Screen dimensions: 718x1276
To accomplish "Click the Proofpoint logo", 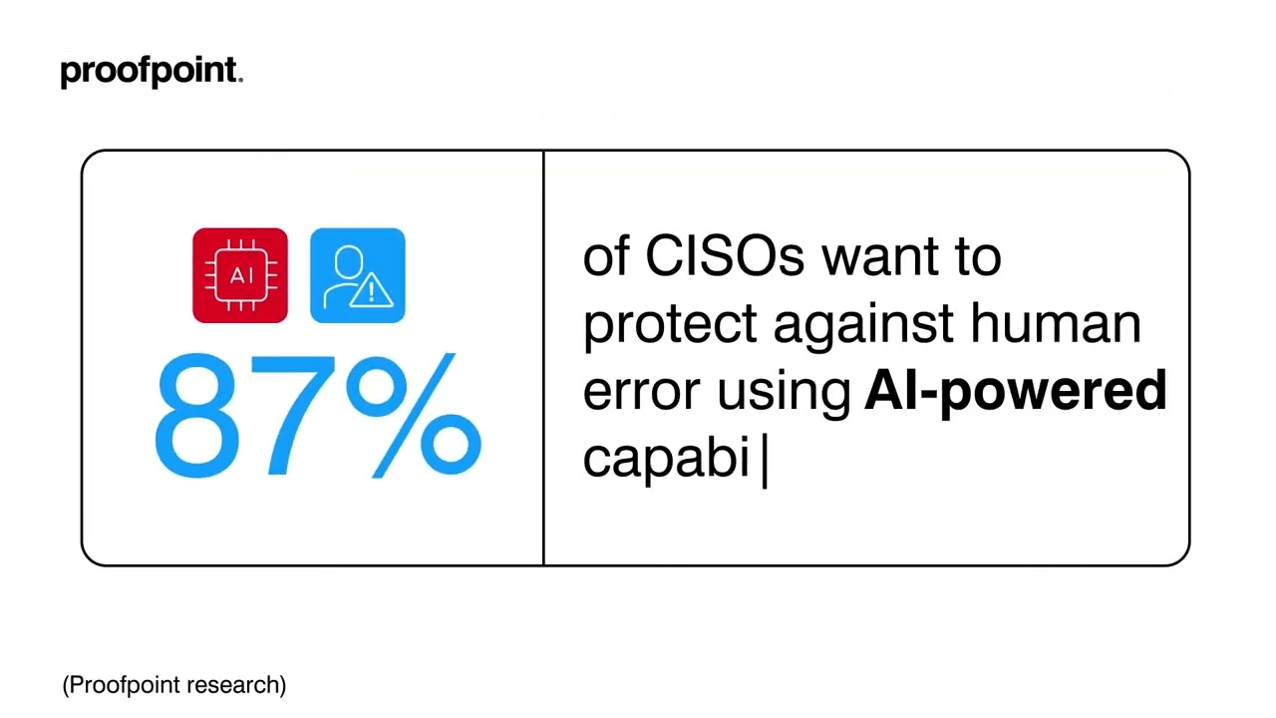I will point(151,72).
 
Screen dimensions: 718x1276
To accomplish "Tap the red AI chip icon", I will point(240,276).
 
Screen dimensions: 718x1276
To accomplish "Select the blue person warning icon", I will point(358,276).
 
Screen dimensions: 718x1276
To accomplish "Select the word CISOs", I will point(725,257).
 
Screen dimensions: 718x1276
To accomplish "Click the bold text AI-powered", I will point(1015,391).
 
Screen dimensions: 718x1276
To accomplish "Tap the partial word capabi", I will point(666,459).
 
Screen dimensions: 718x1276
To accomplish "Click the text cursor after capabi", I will point(765,460).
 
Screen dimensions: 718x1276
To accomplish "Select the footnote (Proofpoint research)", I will point(174,685).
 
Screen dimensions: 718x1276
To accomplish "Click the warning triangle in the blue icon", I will point(378,291).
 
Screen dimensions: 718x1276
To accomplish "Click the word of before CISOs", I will point(606,257).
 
